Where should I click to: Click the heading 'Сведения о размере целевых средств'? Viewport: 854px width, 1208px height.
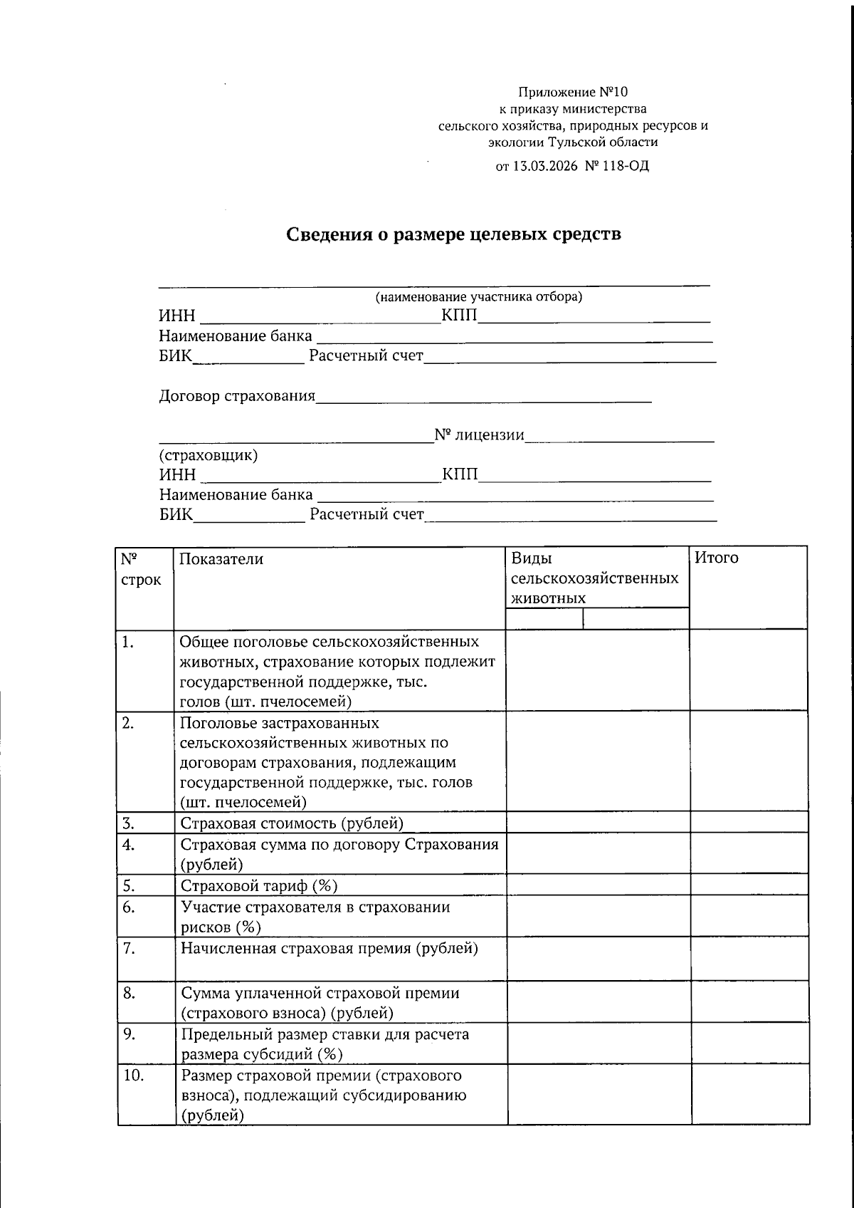[454, 234]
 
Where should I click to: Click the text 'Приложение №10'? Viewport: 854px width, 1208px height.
[573, 92]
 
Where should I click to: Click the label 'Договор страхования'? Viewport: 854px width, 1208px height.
[237, 396]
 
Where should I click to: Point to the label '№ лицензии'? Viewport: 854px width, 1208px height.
[479, 435]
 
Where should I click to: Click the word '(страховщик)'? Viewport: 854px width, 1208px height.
[209, 455]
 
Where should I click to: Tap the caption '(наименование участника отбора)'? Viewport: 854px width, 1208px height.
[479, 297]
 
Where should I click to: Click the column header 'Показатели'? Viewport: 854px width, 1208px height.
[221, 559]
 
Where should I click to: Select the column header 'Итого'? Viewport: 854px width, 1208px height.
[716, 558]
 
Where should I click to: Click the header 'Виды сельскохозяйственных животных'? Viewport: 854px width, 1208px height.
[595, 578]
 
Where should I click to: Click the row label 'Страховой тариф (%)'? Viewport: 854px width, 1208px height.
[259, 886]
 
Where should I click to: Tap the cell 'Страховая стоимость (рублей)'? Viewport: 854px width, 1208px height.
[292, 823]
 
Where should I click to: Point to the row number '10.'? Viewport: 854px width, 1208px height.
[134, 1076]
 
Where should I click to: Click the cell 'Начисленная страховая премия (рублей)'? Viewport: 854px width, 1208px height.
[330, 948]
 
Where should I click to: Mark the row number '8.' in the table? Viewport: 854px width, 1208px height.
[129, 992]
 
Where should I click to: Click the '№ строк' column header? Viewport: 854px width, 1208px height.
[140, 569]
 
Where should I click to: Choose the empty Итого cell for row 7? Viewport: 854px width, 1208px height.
[749, 959]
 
